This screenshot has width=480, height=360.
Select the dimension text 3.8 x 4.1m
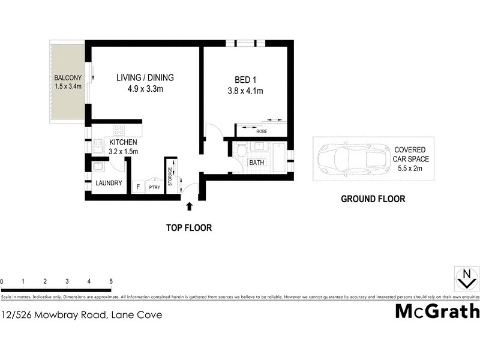pos(245,91)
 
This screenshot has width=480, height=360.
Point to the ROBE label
pos(262,131)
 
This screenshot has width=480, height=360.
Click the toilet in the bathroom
pos(242,151)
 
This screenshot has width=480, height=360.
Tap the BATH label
pos(257,163)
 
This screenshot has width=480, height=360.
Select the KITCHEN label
pos(123,142)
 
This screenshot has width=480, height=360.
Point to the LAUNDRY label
pos(109,183)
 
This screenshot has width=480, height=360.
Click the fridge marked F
pos(138,187)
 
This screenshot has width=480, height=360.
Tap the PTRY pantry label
pos(154,188)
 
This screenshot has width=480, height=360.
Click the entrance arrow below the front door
pos(190,206)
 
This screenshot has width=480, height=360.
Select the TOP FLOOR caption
pos(189,228)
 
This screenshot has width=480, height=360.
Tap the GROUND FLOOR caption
pos(373,199)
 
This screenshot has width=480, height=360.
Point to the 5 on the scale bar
pos(111,281)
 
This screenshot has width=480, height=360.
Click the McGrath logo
pos(437,311)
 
